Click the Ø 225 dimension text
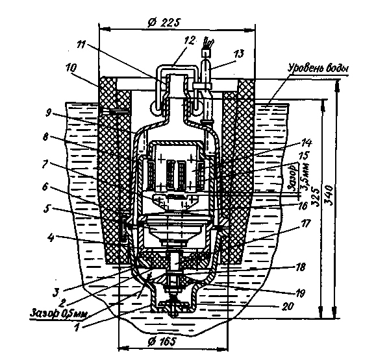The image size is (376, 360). (164, 23)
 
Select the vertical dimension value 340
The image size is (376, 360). (329, 195)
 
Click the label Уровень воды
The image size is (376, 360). (318, 68)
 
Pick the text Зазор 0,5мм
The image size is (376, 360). (58, 313)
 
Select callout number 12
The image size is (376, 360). (190, 41)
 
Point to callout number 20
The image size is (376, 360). (287, 306)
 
